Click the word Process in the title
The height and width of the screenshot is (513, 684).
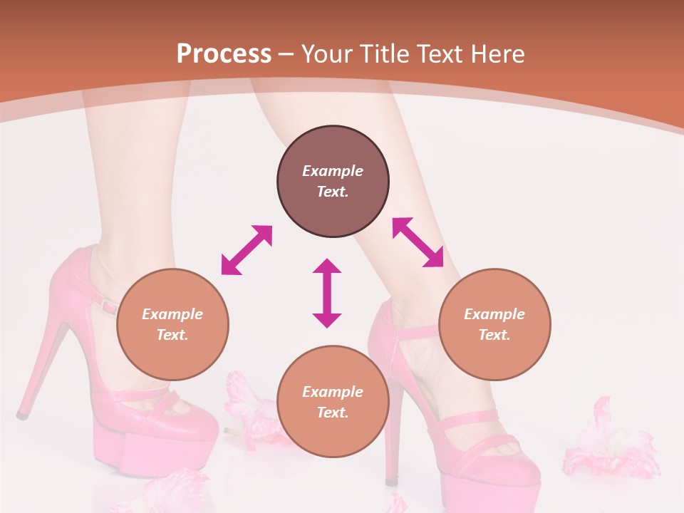[224, 54]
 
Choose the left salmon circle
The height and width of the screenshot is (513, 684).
[172, 324]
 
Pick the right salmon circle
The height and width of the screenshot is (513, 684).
[494, 324]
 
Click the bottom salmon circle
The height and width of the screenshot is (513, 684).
[333, 402]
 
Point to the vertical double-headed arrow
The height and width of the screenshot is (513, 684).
[327, 293]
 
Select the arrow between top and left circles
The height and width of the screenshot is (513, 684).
[247, 250]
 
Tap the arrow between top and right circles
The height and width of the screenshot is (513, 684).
[418, 242]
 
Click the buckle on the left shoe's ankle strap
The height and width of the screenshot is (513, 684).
[109, 306]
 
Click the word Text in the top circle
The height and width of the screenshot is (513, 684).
[333, 192]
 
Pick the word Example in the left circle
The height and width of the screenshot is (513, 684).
[172, 314]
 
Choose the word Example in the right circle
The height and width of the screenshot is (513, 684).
[494, 314]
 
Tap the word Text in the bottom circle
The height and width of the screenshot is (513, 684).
[333, 413]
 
